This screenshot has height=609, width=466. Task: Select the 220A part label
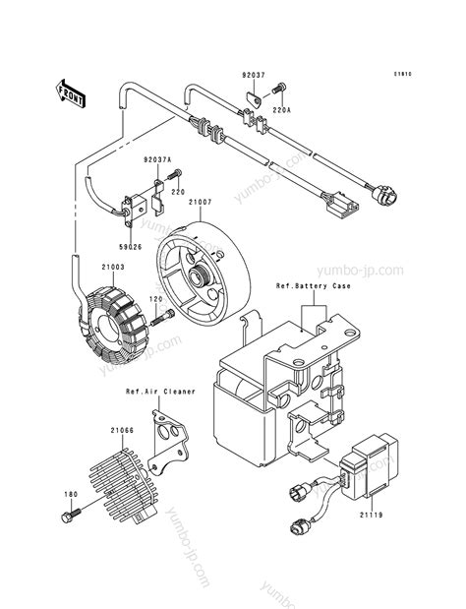pos(281,111)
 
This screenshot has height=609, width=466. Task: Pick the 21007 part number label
pos(201,203)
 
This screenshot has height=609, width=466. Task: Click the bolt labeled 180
pos(73,515)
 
